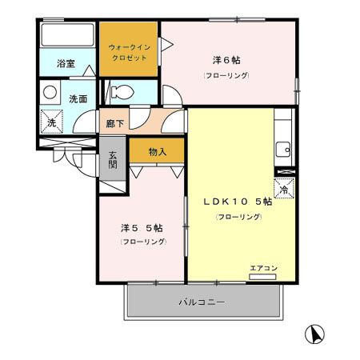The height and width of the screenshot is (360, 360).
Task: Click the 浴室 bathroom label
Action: tap(66, 63)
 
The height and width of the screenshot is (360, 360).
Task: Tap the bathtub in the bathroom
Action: tap(67, 37)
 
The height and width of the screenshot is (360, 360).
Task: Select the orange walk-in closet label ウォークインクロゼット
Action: tap(128, 54)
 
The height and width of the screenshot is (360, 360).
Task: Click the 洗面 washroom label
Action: tap(78, 98)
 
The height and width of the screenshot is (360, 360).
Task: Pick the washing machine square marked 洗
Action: tap(50, 122)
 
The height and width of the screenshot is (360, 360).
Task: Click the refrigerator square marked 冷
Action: tap(284, 189)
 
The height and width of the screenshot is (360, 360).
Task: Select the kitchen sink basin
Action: tap(283, 148)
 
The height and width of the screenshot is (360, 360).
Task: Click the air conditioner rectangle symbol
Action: tap(262, 277)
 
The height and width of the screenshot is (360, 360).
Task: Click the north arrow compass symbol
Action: tap(317, 332)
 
